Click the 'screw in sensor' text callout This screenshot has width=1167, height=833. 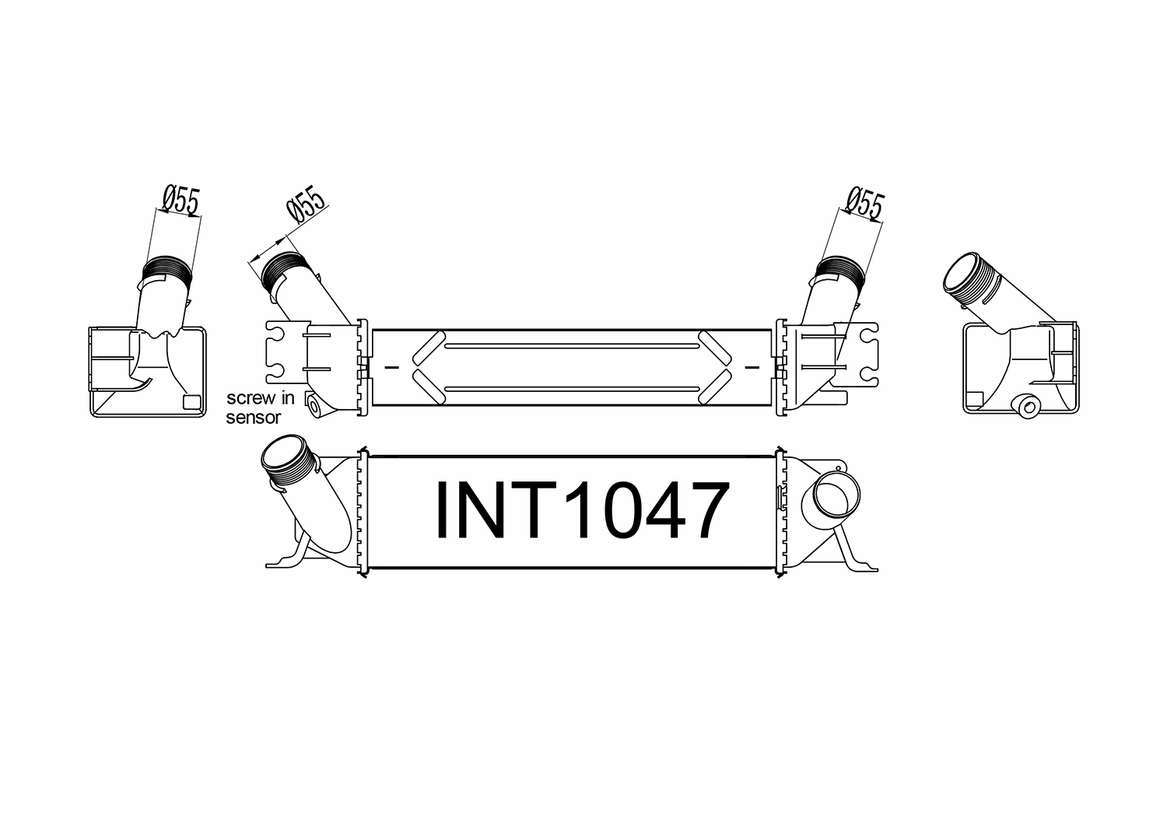(x=260, y=408)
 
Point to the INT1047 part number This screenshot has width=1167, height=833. (x=582, y=510)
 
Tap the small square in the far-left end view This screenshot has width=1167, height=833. (x=191, y=402)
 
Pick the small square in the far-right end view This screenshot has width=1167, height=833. (x=972, y=401)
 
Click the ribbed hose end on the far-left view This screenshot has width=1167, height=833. (x=166, y=269)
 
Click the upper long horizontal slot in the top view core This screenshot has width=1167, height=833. (x=572, y=345)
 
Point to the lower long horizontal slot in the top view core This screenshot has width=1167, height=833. (x=572, y=386)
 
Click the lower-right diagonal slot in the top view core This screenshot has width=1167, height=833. (x=715, y=386)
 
